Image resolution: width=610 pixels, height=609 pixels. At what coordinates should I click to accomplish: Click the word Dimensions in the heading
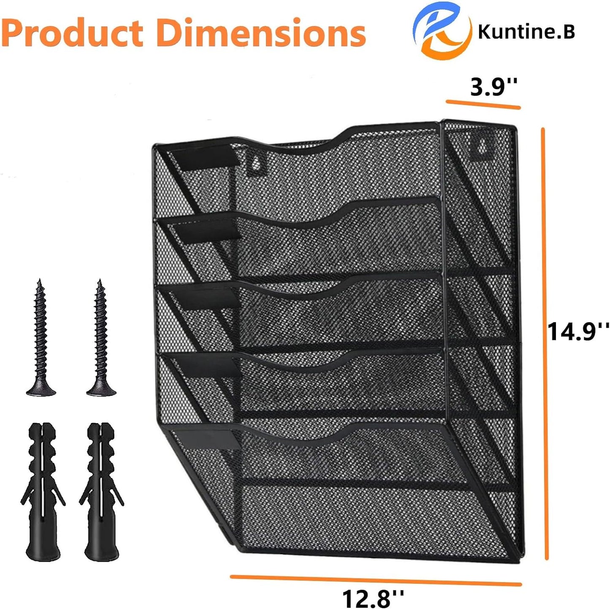pos(261,33)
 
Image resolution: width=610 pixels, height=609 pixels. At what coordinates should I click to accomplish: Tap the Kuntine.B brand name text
pos(526,32)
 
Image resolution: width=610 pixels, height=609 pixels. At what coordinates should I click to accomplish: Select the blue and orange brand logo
pos(442,30)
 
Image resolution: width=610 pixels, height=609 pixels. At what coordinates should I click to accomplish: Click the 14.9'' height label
pos(578,331)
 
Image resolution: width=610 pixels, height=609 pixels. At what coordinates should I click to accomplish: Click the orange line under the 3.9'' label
pos(483,104)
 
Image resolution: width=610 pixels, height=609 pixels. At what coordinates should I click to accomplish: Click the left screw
pos(41,338)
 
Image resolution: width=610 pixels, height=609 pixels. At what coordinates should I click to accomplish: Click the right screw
pos(100,338)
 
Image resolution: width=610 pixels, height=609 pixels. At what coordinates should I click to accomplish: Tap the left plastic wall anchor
pos(42,492)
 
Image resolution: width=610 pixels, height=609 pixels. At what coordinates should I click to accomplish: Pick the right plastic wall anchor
pos(101,492)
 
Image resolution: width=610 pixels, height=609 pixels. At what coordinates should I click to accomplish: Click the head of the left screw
pos(41,389)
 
